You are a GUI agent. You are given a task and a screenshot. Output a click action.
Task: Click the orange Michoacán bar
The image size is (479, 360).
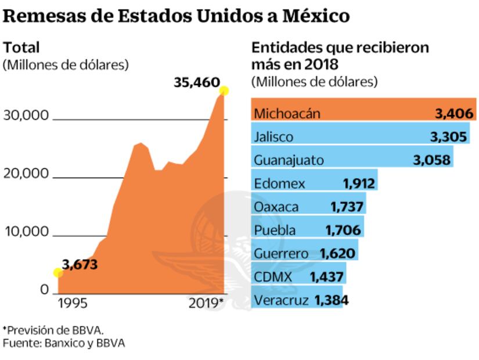tap(364, 112)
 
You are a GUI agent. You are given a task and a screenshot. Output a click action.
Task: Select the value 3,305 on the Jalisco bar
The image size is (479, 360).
tap(447, 136)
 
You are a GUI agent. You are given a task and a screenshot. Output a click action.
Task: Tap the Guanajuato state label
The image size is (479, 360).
tap(289, 160)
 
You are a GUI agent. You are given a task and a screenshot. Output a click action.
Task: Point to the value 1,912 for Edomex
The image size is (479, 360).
tap(359, 183)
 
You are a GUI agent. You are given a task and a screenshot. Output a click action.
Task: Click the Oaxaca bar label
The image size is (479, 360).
tap(276, 207)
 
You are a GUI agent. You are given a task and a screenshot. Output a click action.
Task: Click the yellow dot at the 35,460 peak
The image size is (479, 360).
tap(224, 91)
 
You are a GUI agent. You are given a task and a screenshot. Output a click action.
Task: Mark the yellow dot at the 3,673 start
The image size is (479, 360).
tap(57, 272)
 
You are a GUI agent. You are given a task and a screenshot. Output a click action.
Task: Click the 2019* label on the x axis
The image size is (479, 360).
tap(206, 303)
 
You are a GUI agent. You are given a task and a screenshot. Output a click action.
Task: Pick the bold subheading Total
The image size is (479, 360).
tap(21, 47)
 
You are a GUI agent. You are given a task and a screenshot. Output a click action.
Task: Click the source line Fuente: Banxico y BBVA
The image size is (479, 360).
tap(64, 343)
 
